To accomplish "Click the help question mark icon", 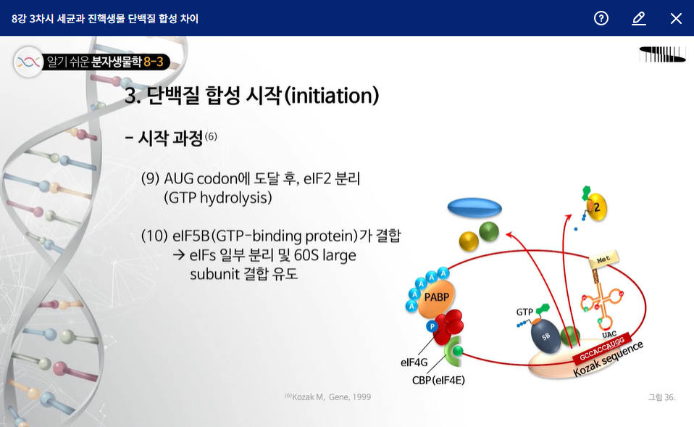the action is point(601,18).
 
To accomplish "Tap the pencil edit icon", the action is point(639,18).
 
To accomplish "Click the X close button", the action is point(676,18).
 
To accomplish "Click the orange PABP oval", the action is point(436,298).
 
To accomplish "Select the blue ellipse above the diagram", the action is point(474,207).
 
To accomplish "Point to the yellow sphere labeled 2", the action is point(597,207).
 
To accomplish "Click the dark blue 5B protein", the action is point(545,336).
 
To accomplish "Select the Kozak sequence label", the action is point(608,360).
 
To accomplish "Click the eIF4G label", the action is point(414,362).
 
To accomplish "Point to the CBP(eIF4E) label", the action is point(438,381).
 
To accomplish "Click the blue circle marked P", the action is point(432,326).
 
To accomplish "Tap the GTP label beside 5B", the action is point(524,312).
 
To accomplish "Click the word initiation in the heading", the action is point(332,95).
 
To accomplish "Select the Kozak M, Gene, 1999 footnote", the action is point(328,397).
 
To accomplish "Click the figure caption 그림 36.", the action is point(661,397).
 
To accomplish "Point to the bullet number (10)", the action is point(154,236).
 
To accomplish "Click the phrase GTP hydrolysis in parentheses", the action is point(218,198).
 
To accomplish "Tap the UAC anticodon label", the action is point(609,334).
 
